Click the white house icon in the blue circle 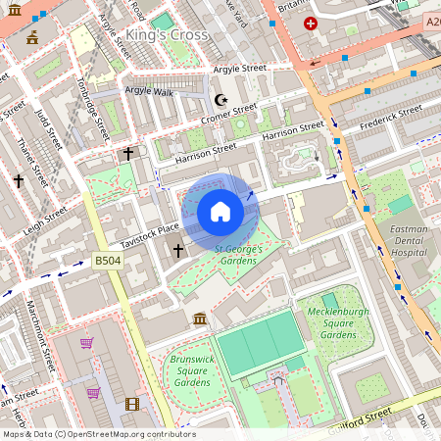(x=220, y=212)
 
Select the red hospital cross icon (x=312, y=24)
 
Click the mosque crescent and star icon (x=221, y=99)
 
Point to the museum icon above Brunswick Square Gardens (x=200, y=319)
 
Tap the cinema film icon (x=131, y=403)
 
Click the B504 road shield (x=109, y=261)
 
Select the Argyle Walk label (x=148, y=90)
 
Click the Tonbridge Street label (x=90, y=106)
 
